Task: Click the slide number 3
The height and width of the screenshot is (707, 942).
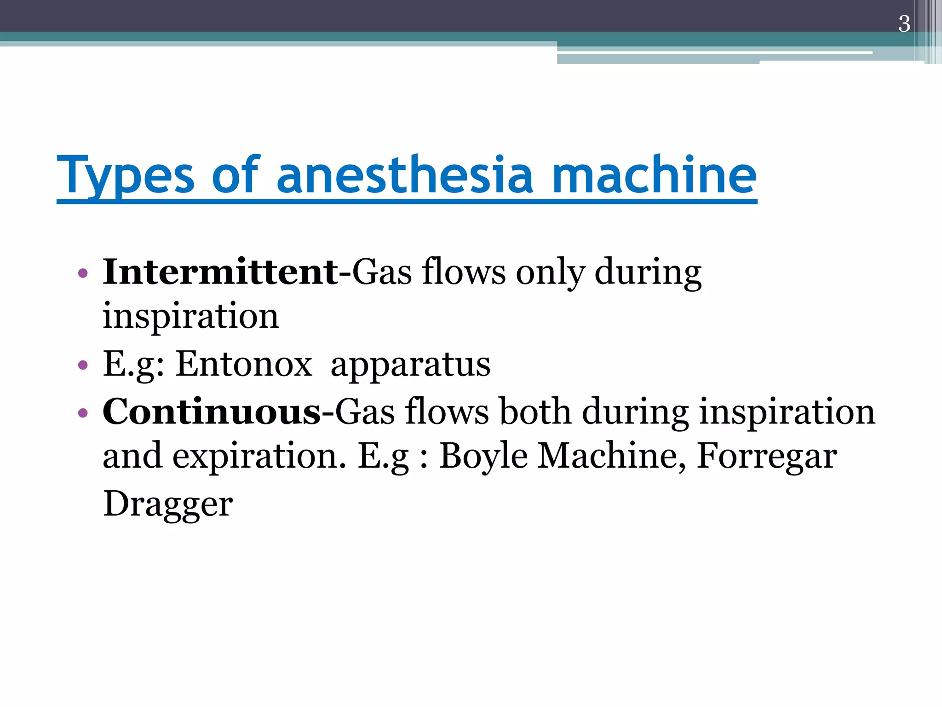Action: coord(904,24)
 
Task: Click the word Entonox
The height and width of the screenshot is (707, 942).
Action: coord(244,364)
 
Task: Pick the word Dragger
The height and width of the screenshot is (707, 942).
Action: coord(168,504)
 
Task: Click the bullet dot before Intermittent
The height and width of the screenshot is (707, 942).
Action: coord(83,273)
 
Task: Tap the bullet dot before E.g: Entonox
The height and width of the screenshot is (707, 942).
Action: coord(83,365)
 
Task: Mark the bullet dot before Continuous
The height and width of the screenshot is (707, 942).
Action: coord(83,412)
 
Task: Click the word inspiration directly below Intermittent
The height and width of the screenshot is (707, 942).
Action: coord(190,317)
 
